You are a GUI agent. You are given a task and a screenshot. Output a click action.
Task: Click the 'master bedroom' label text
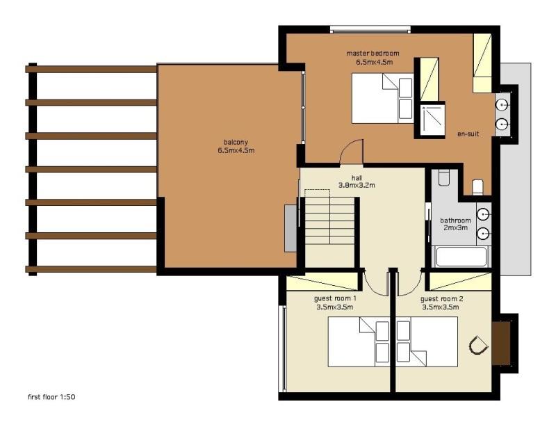tap(373, 54)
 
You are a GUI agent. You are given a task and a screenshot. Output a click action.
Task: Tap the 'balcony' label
tap(236, 143)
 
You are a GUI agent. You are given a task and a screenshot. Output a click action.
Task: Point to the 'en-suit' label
tap(468, 134)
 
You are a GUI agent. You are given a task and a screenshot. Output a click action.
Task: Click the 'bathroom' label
tap(455, 220)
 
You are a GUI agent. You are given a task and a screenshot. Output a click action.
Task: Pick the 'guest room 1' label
tap(335, 299)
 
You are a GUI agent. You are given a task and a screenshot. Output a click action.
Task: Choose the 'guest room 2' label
tap(441, 299)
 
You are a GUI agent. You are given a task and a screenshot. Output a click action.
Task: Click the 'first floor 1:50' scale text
tap(51, 397)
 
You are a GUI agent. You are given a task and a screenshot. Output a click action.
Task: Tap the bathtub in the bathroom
tap(461, 257)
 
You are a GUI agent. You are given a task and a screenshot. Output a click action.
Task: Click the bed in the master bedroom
tap(383, 98)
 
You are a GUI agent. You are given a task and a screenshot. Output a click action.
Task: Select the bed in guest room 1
tap(359, 342)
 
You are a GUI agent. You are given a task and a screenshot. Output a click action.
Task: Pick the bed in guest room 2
tap(427, 342)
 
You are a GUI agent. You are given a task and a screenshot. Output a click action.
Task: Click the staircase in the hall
tap(329, 220)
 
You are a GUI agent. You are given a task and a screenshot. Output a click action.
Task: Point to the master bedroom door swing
tap(352, 152)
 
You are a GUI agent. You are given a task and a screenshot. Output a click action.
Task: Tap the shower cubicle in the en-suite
tap(432, 120)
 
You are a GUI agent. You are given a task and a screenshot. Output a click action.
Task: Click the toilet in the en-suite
tap(478, 187)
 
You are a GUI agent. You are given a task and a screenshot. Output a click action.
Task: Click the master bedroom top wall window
tap(370, 29)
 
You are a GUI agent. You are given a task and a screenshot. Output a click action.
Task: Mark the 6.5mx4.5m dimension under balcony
tap(236, 150)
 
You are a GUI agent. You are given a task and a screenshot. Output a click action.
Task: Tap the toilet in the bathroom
tap(443, 178)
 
